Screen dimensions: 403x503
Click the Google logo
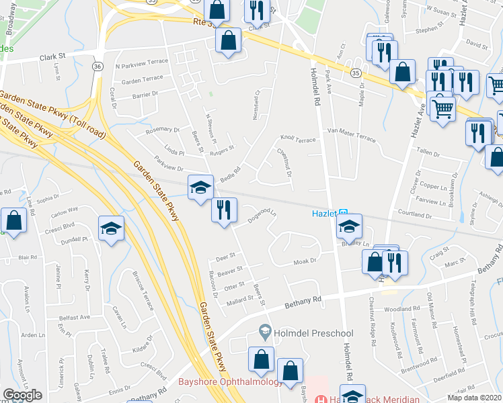click(x=22, y=394)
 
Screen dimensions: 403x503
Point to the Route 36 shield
click(x=98, y=66)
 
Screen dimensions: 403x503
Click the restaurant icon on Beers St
click(x=224, y=209)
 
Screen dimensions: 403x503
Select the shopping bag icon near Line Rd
click(x=13, y=219)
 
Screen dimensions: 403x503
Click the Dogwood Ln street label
click(x=262, y=216)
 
